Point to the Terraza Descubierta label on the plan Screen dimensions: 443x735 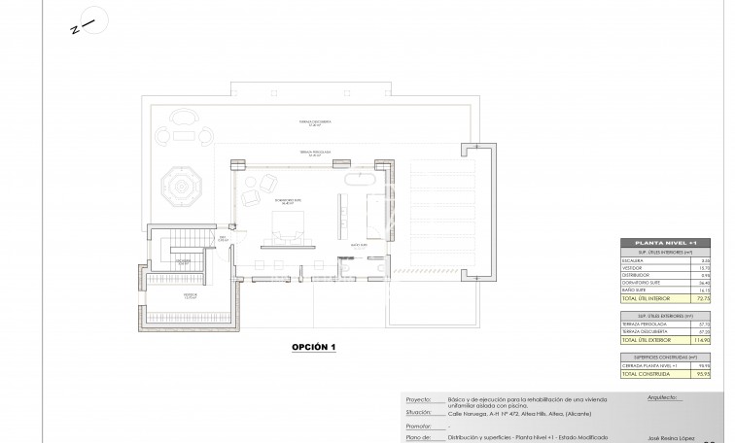click(314, 122)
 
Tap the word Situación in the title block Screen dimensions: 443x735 click(419, 412)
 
